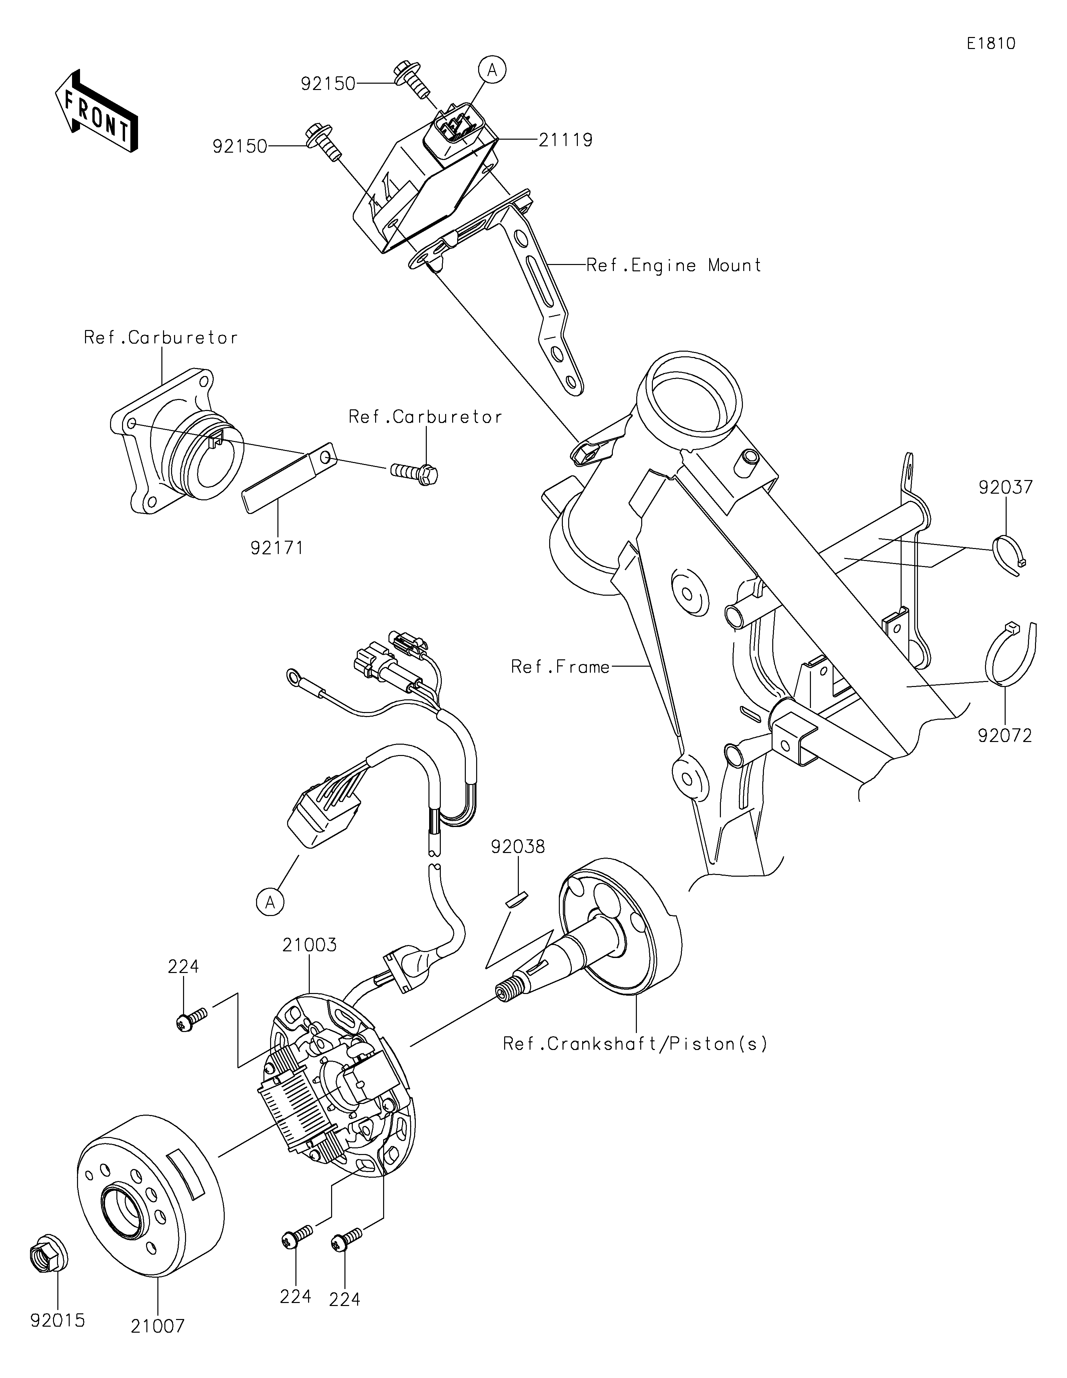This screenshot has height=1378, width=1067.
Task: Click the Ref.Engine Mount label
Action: [674, 265]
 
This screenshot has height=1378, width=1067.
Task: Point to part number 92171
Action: [277, 548]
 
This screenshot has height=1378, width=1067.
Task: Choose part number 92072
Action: [1005, 735]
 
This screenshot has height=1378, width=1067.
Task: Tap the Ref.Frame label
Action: [560, 667]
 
